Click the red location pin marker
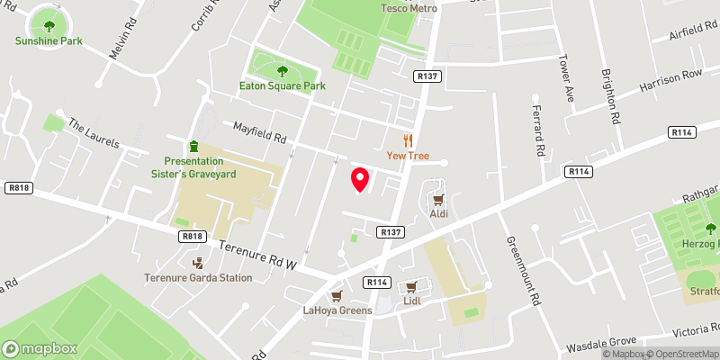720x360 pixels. click(359, 179)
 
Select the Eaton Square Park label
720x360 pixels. click(283, 86)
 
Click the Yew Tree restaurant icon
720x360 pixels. click(408, 139)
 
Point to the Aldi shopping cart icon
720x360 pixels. click(439, 199)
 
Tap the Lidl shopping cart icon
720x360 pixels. click(412, 288)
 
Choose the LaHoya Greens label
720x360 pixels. click(336, 311)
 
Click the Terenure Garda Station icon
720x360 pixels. click(199, 263)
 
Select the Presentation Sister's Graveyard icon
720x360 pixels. click(193, 146)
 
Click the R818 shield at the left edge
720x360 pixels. click(16, 188)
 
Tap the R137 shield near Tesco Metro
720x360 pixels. click(427, 77)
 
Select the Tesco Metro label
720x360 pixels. click(409, 8)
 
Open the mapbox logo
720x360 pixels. click(40, 348)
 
